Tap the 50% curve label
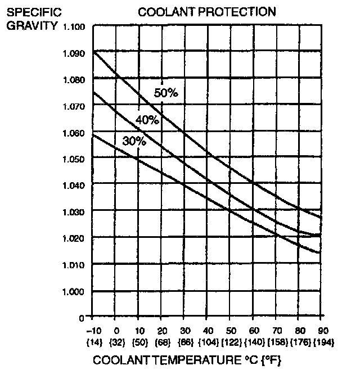click(x=166, y=93)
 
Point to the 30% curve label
click(x=134, y=142)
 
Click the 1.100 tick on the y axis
click(x=74, y=27)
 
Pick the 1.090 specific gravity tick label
click(x=74, y=54)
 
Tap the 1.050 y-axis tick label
click(x=74, y=159)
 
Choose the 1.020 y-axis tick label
click(x=74, y=238)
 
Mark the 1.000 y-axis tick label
click(x=74, y=291)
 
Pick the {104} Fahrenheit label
click(x=208, y=342)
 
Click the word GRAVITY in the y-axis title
click(x=32, y=26)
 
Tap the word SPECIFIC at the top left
click(x=30, y=12)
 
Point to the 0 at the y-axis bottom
click(x=82, y=318)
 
